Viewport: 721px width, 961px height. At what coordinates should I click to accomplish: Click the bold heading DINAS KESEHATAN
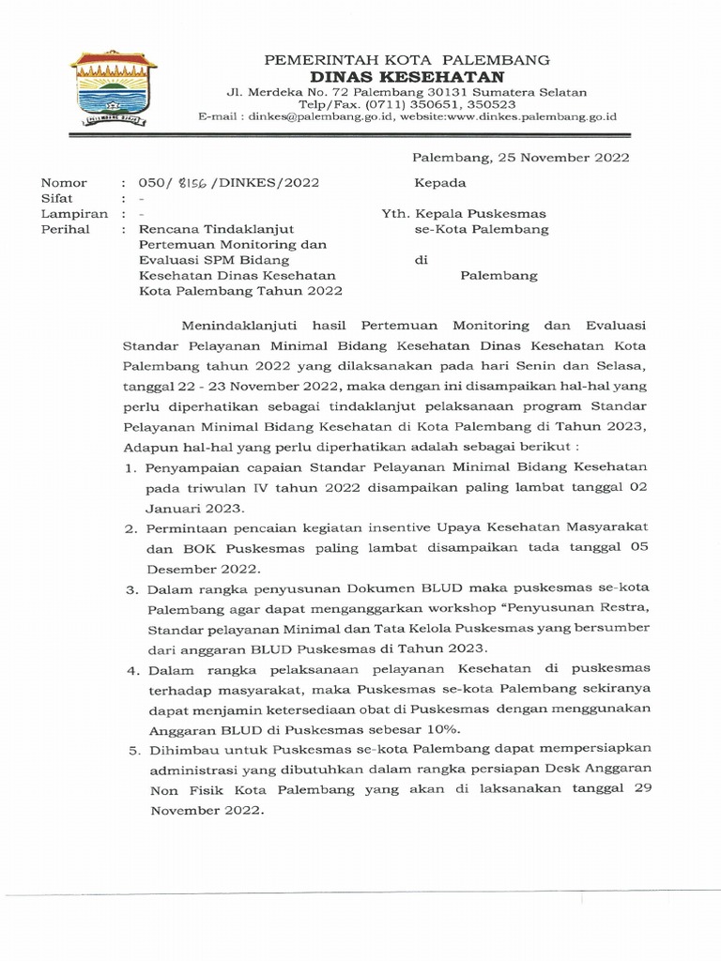(x=407, y=76)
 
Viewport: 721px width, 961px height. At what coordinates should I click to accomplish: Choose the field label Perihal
(x=61, y=229)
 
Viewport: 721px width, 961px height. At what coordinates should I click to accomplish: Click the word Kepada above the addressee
(x=440, y=183)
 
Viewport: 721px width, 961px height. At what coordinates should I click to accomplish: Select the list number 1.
(x=129, y=466)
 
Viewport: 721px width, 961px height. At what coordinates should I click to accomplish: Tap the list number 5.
(x=129, y=749)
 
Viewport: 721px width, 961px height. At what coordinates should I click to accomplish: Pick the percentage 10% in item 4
(x=441, y=728)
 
